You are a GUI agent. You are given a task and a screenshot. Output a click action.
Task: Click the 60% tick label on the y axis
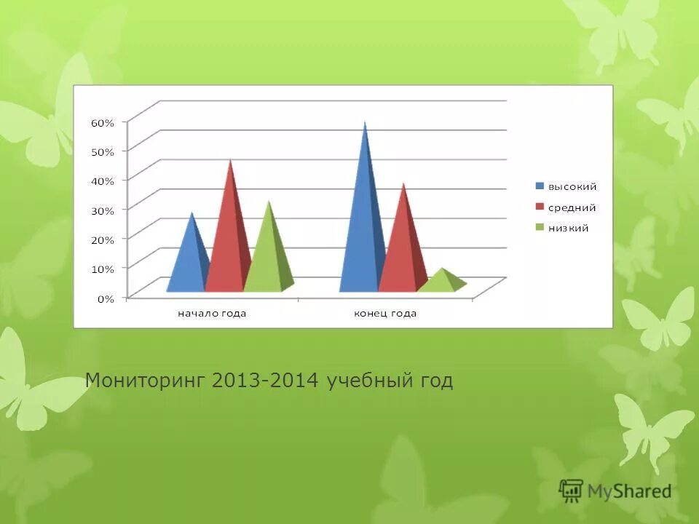103,123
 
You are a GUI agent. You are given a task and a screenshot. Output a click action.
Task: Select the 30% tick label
103,211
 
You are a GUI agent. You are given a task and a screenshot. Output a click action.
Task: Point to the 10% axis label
103,269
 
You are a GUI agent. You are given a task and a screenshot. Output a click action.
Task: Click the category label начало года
213,314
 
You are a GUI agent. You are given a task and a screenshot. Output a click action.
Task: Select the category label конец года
385,314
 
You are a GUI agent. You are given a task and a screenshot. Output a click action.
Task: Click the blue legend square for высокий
540,186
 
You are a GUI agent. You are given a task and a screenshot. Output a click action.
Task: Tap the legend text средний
572,207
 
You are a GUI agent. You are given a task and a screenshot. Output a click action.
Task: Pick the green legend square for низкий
540,228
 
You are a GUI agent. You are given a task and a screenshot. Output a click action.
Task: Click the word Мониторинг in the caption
146,381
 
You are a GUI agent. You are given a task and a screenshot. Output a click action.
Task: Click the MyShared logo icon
571,491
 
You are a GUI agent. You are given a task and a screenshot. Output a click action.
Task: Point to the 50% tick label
103,152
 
